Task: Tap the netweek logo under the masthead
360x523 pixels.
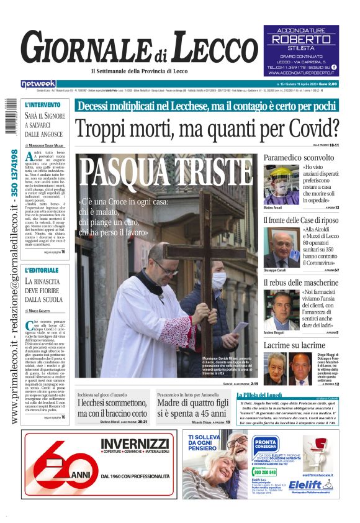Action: pos(38,84)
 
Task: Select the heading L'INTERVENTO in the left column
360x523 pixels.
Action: pos(43,105)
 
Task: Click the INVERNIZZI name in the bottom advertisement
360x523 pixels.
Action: pos(135,443)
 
